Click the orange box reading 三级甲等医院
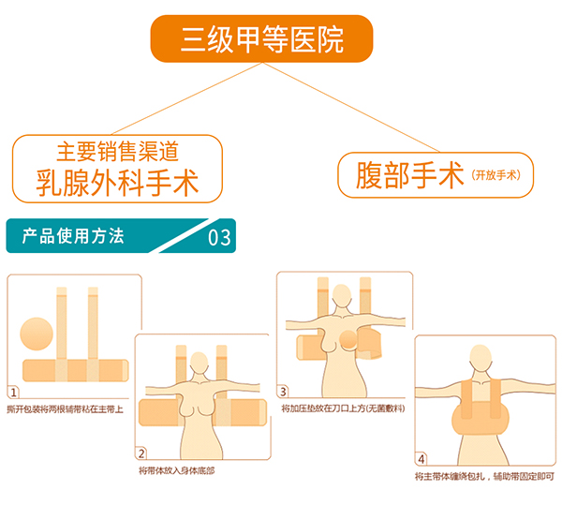tap(262, 39)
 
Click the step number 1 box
tap(13, 392)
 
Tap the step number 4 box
tap(421, 458)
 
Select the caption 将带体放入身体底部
tap(176, 470)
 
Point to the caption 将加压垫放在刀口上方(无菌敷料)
tap(344, 409)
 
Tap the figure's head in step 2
tap(199, 364)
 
